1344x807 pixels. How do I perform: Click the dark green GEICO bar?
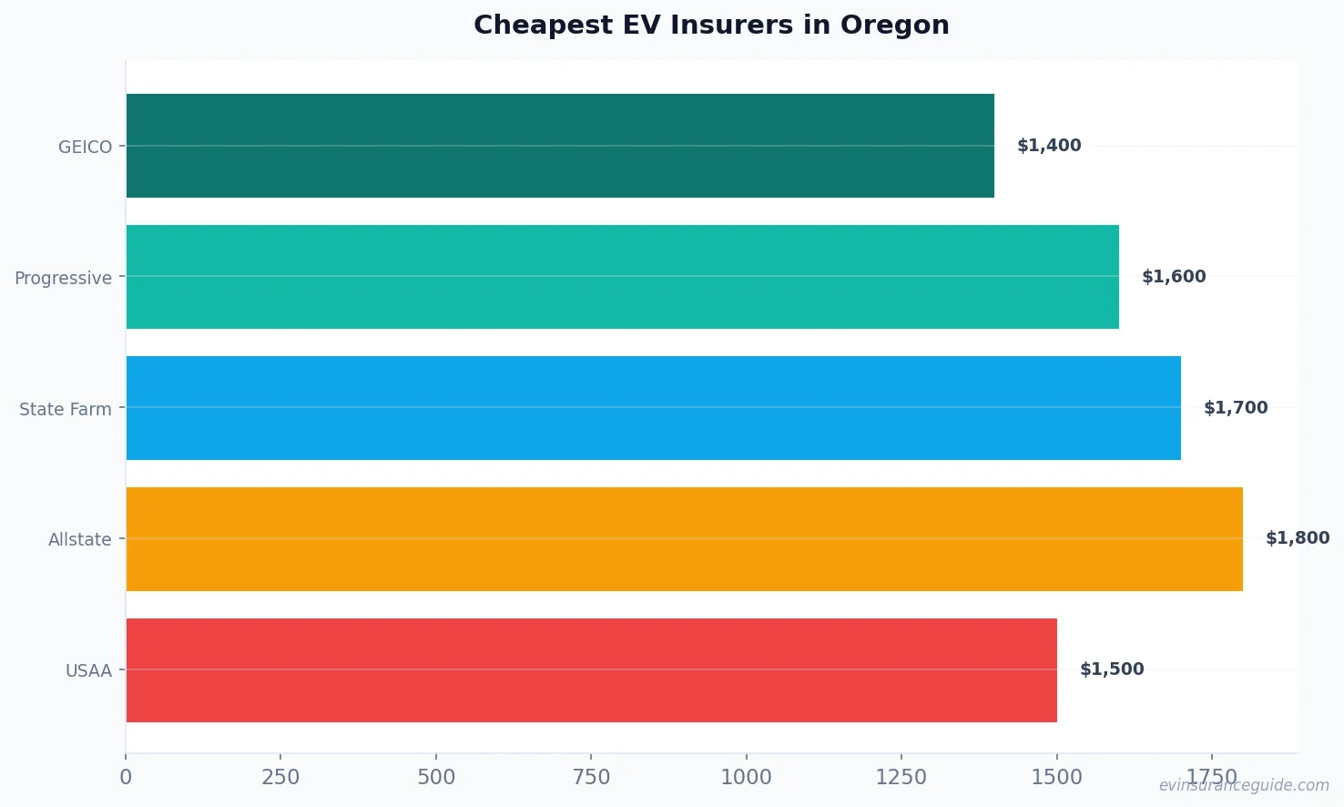tap(560, 146)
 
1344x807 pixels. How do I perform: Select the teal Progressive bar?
tap(622, 277)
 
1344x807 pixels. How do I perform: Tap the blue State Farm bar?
tap(653, 408)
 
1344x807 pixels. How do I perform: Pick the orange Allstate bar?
tap(684, 539)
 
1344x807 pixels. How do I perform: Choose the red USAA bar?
tap(591, 670)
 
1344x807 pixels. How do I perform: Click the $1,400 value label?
tap(1049, 146)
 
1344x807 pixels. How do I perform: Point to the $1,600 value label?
tap(1174, 277)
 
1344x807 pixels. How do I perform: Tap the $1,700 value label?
tap(1236, 408)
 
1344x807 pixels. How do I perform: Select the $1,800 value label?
tap(1298, 538)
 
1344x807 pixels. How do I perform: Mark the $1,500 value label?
tap(1112, 669)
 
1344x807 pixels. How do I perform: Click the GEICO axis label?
tap(85, 147)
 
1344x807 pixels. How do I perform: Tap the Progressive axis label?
tap(63, 278)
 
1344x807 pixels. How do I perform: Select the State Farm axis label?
tap(66, 409)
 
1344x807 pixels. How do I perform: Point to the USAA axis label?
tap(88, 671)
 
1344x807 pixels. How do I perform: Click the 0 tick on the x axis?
tap(126, 777)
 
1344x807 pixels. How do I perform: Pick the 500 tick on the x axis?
tap(436, 777)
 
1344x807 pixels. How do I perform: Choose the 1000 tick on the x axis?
tap(746, 777)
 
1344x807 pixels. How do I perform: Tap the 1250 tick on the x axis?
tap(901, 777)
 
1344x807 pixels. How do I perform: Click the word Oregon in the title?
tap(894, 25)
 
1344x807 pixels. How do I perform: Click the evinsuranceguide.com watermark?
tap(1244, 785)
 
